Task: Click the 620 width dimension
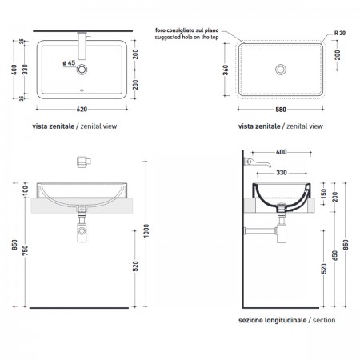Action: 82,110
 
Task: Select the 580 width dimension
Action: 281,110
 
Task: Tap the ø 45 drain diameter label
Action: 69,63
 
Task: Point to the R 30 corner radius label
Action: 340,33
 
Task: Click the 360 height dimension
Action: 226,70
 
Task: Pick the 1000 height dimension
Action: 146,230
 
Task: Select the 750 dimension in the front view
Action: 25,250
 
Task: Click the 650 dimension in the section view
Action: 335,255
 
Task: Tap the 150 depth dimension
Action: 324,194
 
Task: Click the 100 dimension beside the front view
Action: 25,190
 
